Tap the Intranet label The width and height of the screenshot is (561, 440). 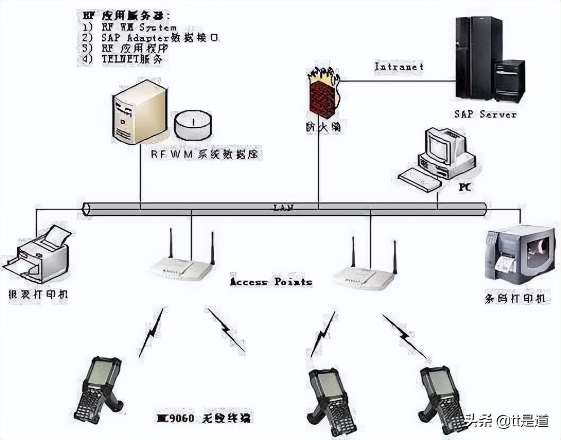399,67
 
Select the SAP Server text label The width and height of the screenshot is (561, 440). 485,114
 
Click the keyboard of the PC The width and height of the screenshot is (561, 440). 419,179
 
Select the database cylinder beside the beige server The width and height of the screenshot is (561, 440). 193,126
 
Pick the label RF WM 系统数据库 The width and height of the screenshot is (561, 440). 207,154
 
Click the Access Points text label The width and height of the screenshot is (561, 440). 270,282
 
